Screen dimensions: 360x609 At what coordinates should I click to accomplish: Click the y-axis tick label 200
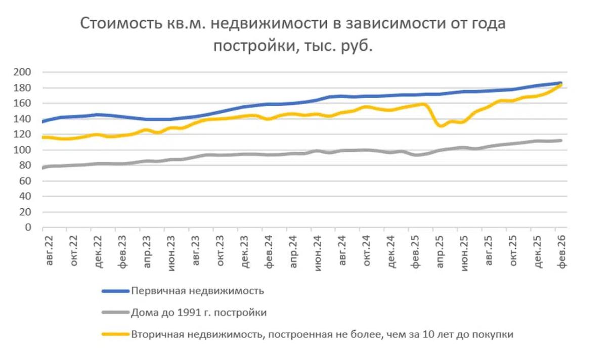coord(24,72)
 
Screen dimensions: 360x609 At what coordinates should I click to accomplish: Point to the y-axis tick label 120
coord(24,134)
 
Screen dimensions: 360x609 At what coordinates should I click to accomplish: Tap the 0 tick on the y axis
coord(28,228)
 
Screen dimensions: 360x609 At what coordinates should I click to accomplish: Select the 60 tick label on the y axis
coord(26,181)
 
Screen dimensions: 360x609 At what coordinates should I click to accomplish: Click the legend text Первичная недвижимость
coord(198,291)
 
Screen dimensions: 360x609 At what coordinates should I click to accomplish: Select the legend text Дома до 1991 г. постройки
coord(199,313)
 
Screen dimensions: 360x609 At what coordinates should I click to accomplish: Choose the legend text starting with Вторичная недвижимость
coord(322,335)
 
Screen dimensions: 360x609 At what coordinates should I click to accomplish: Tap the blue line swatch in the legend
coord(115,291)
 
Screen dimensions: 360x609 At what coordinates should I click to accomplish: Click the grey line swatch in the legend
coord(115,313)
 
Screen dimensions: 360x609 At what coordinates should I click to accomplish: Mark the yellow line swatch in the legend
coord(115,335)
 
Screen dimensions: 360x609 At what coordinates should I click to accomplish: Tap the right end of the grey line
coord(561,141)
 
